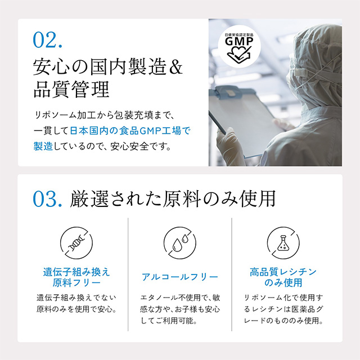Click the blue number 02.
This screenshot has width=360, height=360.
tap(47, 40)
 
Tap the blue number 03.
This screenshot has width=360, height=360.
tap(47, 199)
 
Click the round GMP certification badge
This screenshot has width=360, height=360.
tap(239, 47)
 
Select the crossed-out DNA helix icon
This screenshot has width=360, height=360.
tap(76, 243)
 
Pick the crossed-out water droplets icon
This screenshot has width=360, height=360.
tap(180, 243)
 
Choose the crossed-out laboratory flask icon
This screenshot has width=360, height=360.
tap(283, 243)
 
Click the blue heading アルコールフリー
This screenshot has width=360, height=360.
tap(180, 277)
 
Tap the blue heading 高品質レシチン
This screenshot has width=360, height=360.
tap(283, 272)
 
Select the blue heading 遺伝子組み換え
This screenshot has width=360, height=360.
tap(76, 272)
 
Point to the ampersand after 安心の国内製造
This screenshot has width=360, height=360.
tap(176, 67)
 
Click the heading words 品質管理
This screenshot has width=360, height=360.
tap(71, 89)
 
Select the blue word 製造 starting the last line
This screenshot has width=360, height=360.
tap(43, 146)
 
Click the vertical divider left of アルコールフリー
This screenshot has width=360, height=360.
tap(128, 274)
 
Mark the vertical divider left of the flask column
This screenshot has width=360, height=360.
tap(232, 274)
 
